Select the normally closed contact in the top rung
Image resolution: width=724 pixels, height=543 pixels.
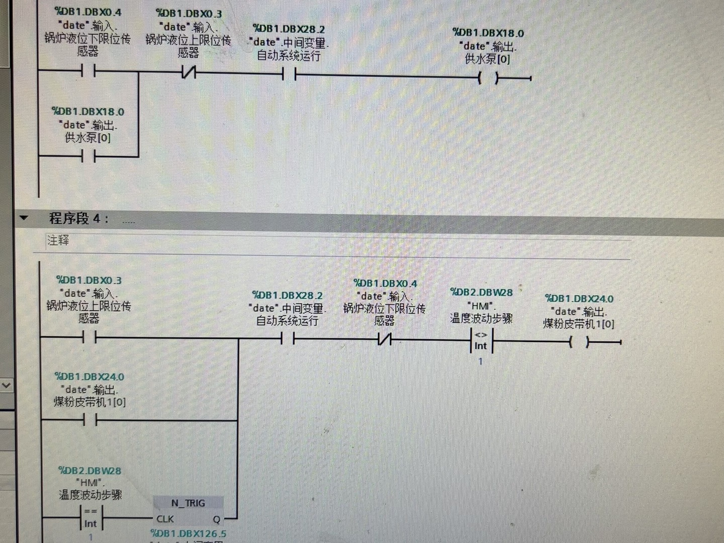pyautogui.click(x=189, y=73)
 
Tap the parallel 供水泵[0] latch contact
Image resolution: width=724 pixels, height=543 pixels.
pyautogui.click(x=88, y=157)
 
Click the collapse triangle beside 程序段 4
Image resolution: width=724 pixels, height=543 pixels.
pyautogui.click(x=24, y=218)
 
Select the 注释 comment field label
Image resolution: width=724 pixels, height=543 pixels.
pyautogui.click(x=58, y=240)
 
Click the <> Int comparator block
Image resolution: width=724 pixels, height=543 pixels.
pyautogui.click(x=481, y=341)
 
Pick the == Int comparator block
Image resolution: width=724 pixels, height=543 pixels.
pyautogui.click(x=90, y=518)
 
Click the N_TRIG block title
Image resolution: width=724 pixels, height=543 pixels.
pyautogui.click(x=188, y=503)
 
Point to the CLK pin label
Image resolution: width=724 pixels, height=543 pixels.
pyautogui.click(x=165, y=519)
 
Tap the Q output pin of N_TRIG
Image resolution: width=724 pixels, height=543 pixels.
pyautogui.click(x=216, y=519)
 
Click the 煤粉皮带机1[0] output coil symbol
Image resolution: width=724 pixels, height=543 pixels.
pyautogui.click(x=579, y=342)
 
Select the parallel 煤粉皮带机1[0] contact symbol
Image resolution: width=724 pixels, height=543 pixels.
pyautogui.click(x=89, y=420)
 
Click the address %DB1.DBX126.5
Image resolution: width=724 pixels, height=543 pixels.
pyautogui.click(x=189, y=533)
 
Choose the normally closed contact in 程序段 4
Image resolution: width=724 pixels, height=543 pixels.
pyautogui.click(x=385, y=340)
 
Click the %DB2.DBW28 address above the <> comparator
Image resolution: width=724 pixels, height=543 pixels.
pyautogui.click(x=481, y=292)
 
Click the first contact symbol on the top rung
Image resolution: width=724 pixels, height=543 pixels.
pyautogui.click(x=88, y=72)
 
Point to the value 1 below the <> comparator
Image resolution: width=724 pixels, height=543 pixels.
pyautogui.click(x=480, y=361)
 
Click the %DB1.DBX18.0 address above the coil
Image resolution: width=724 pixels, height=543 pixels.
pyautogui.click(x=488, y=33)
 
